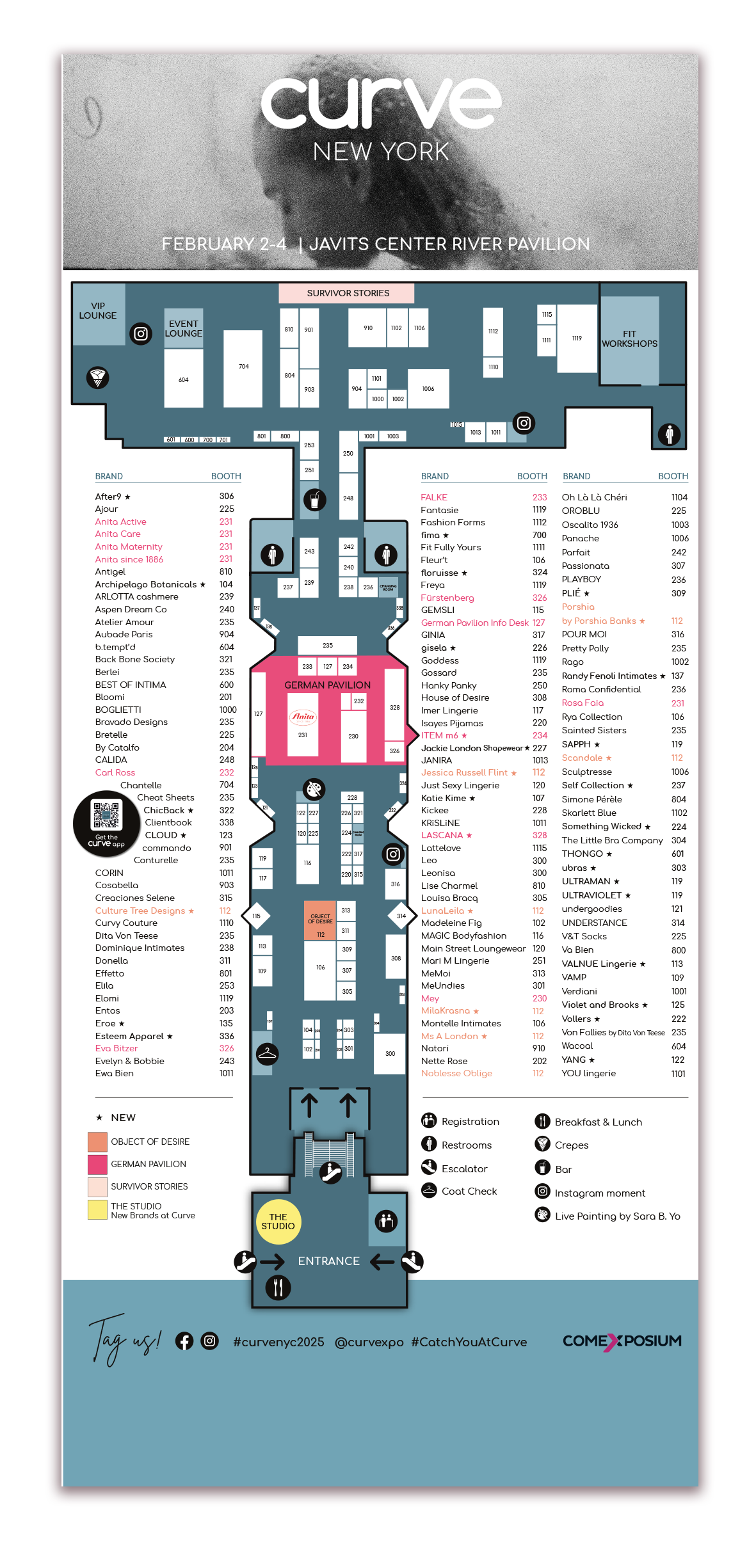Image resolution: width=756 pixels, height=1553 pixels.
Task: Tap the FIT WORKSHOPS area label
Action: [629, 339]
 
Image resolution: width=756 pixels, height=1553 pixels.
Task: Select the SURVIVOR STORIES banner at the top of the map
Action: [347, 294]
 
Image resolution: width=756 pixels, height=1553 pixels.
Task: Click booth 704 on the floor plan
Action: [243, 368]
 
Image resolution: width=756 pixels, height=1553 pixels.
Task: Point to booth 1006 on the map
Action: [428, 389]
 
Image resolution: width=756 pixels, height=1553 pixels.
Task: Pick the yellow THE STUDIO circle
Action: [278, 1222]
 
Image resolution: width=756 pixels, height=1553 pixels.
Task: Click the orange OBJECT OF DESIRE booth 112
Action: [320, 925]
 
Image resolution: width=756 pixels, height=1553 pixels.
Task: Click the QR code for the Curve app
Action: [106, 815]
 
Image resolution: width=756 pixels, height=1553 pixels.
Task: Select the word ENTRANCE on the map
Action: [328, 1261]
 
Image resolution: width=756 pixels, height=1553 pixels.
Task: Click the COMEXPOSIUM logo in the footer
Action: [622, 1341]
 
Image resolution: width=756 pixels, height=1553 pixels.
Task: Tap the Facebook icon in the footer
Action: [184, 1341]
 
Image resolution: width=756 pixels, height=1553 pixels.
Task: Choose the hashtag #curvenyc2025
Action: [278, 1342]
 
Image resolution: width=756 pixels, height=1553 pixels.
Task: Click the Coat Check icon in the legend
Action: [429, 1190]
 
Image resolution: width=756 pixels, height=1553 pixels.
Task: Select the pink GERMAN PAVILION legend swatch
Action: [97, 1164]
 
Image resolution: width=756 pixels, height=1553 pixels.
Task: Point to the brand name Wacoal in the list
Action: [577, 1046]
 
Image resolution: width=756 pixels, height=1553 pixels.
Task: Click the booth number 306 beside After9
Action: [227, 497]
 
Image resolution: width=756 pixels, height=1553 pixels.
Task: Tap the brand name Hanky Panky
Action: [449, 685]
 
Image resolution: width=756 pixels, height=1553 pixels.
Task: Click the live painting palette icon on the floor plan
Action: [314, 790]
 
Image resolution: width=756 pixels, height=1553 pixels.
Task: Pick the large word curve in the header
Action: [380, 104]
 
